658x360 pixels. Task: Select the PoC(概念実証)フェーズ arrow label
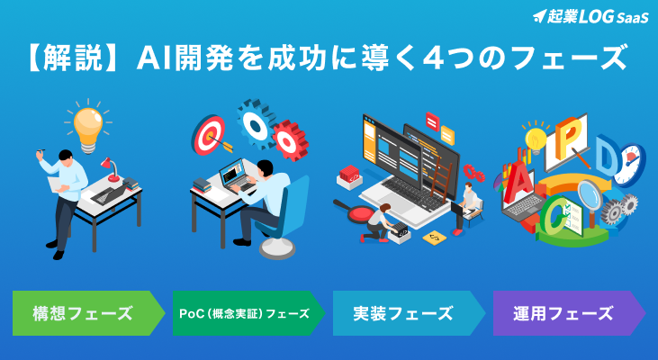tap(248, 313)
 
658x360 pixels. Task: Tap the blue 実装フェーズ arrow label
tap(409, 313)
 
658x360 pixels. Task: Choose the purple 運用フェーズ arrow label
tap(569, 313)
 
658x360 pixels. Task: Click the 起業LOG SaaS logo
tap(590, 17)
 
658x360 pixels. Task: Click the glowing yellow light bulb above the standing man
tap(88, 128)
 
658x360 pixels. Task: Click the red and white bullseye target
tap(209, 135)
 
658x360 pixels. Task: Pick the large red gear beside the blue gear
tap(290, 140)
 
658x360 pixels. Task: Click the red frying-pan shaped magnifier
tap(356, 211)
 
